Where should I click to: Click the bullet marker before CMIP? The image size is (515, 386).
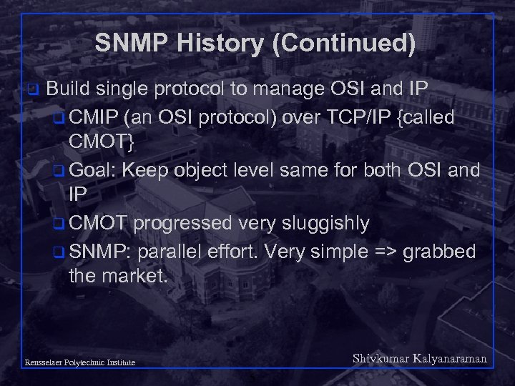tap(60, 118)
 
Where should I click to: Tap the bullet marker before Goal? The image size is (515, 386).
tap(60, 171)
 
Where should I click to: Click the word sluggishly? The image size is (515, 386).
tap(325, 223)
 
